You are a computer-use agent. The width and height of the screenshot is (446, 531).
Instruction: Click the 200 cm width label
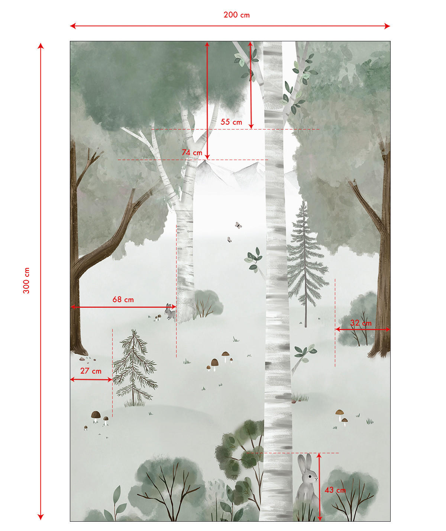pos(236,15)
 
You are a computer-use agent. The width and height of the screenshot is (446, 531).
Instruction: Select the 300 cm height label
pos(26,280)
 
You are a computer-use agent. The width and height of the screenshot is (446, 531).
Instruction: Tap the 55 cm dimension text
pos(231,122)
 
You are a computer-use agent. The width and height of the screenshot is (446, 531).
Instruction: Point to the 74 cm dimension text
pos(192,153)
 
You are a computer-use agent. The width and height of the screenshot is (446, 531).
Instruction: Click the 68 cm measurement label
pos(123,300)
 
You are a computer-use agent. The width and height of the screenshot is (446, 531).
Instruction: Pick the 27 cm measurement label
pos(91,371)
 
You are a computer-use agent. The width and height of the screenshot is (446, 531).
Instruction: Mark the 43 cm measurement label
pos(335,490)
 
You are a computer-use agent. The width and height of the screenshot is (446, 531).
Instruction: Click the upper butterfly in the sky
pos(238,225)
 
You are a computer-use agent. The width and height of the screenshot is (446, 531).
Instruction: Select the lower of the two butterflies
pos(230,240)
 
